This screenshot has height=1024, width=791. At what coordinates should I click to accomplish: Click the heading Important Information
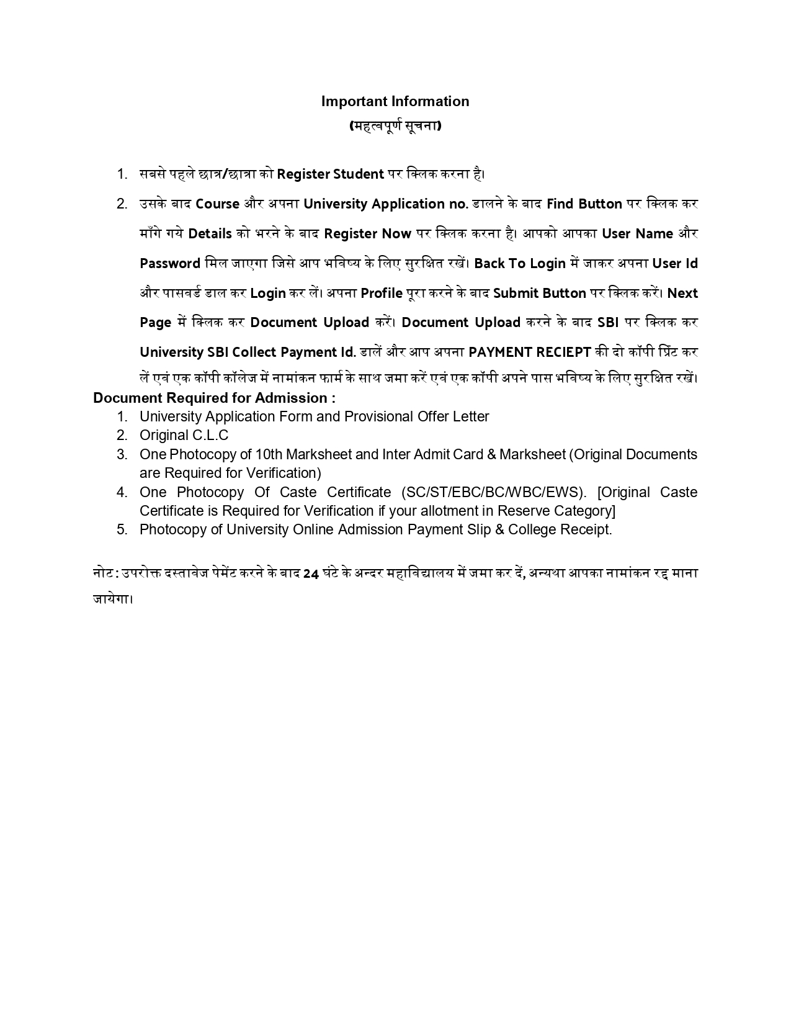[395, 101]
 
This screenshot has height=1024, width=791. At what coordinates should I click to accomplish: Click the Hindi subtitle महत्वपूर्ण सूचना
[395, 126]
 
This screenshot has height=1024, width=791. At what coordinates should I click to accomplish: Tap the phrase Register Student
[330, 174]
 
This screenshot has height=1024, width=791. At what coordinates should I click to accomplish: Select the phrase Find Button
[584, 204]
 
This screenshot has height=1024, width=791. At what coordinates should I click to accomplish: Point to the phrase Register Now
[367, 234]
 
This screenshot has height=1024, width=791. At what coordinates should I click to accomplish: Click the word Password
[170, 264]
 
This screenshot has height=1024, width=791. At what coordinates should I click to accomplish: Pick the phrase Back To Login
[520, 264]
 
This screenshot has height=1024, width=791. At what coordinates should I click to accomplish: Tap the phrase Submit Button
[539, 294]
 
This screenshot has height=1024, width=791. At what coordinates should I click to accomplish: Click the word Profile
[382, 294]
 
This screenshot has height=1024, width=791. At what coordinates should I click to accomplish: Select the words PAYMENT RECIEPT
[530, 353]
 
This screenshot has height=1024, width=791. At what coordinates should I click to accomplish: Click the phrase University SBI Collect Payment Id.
[248, 353]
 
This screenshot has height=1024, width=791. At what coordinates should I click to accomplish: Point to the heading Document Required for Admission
[214, 398]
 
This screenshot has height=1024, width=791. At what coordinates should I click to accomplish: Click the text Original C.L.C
[184, 436]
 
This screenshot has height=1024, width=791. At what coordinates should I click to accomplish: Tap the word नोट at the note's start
[103, 573]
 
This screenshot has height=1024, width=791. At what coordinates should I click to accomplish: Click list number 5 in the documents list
[122, 529]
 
